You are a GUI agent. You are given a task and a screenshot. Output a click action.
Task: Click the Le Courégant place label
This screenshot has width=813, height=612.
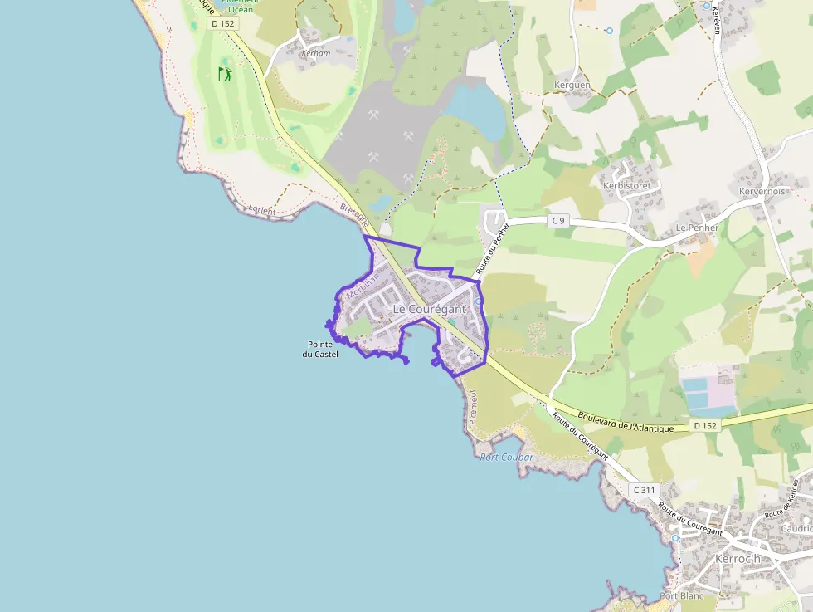point(429,309)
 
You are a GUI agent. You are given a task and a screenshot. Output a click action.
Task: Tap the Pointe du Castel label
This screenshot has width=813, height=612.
point(320,349)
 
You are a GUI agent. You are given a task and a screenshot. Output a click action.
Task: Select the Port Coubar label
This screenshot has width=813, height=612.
point(506,458)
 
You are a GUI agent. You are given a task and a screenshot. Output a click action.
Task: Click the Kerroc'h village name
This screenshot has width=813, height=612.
point(738,559)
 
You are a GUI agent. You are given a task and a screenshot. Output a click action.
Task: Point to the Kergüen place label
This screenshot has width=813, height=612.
point(572,86)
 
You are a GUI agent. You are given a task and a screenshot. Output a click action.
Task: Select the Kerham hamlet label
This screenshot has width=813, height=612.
point(316,52)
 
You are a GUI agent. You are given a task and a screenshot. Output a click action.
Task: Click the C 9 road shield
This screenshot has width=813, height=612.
point(559,220)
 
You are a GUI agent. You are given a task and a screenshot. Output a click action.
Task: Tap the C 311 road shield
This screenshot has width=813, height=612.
point(643,490)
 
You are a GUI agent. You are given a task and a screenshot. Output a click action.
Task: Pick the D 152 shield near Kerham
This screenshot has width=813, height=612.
point(223,24)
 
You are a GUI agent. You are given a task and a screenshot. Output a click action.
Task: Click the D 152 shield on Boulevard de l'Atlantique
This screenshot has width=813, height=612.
point(704,425)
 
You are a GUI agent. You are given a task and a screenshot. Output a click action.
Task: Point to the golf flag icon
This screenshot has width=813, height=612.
point(225,74)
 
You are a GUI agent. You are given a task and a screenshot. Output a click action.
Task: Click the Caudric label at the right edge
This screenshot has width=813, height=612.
point(796,528)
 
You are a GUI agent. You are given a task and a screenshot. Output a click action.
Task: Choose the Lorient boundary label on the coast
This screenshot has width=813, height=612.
point(261,211)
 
